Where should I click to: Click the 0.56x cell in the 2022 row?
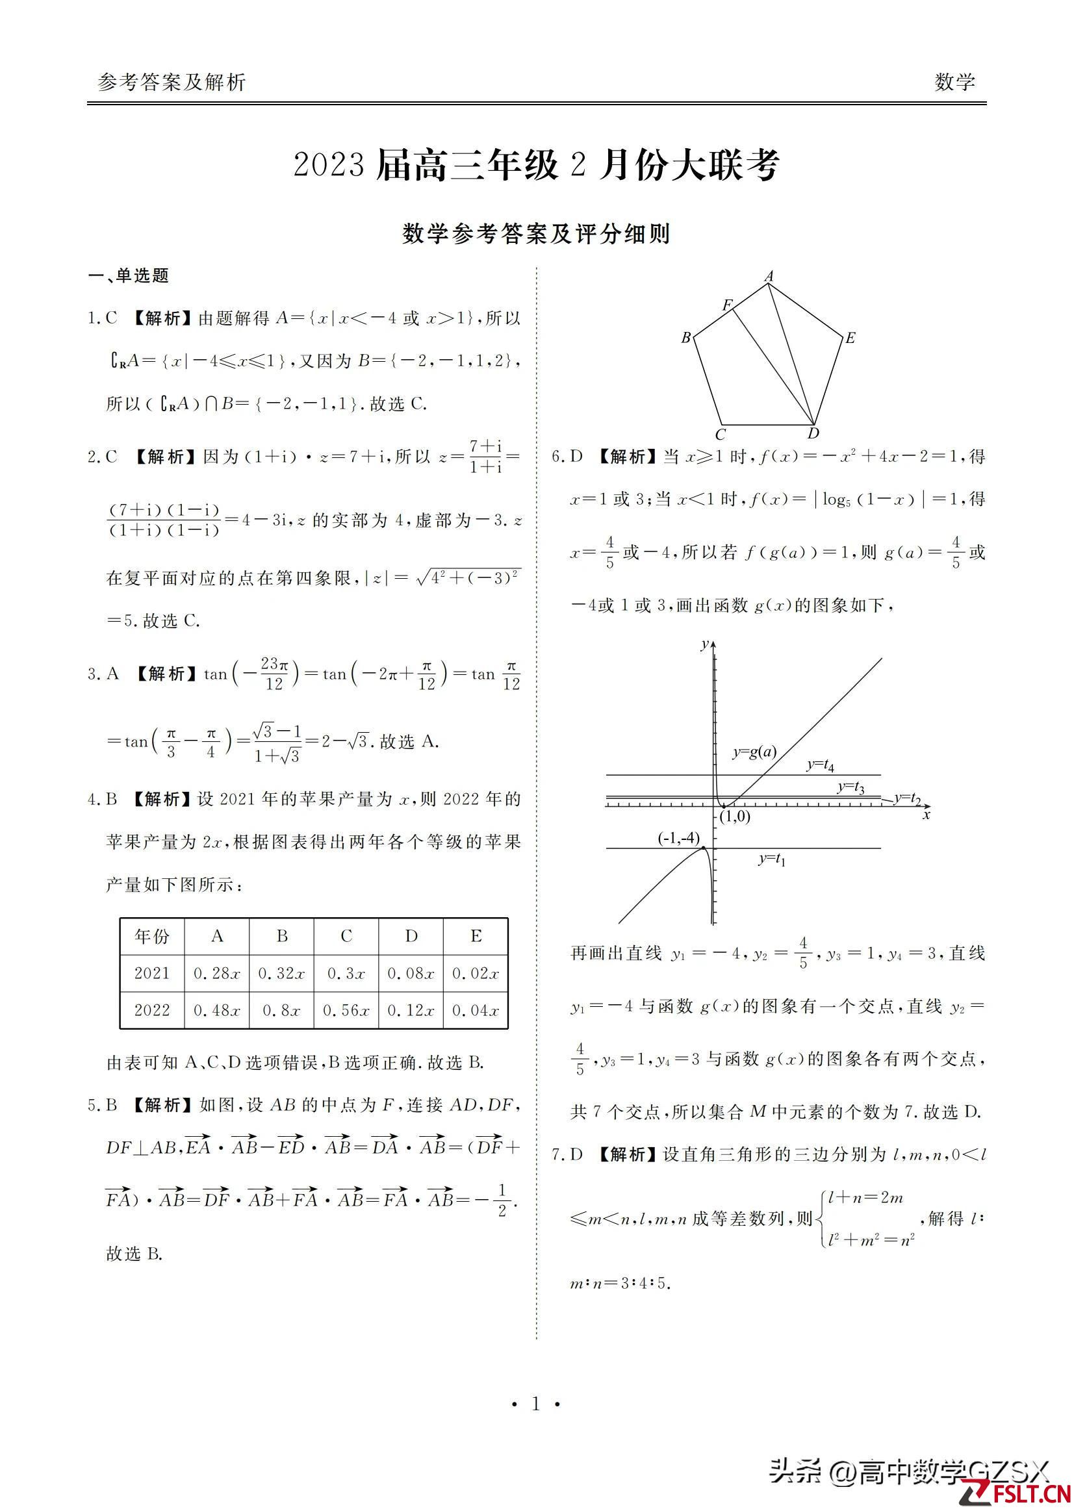point(346,1010)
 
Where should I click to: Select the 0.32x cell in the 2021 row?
point(282,973)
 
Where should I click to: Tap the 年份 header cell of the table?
point(152,936)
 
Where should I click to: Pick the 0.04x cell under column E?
point(476,1010)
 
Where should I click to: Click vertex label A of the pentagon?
point(769,277)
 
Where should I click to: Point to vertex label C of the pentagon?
point(720,435)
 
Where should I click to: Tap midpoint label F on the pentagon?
point(728,305)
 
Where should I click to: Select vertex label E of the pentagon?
point(850,338)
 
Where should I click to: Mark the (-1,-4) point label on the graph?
point(678,839)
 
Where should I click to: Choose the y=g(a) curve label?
point(754,751)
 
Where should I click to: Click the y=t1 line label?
point(772,859)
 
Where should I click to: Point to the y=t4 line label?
point(820,765)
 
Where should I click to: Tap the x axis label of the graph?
point(927,815)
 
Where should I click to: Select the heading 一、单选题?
point(129,275)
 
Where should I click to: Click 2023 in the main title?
point(329,165)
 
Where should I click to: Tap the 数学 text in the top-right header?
point(954,82)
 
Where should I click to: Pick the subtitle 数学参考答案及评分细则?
point(536,234)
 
